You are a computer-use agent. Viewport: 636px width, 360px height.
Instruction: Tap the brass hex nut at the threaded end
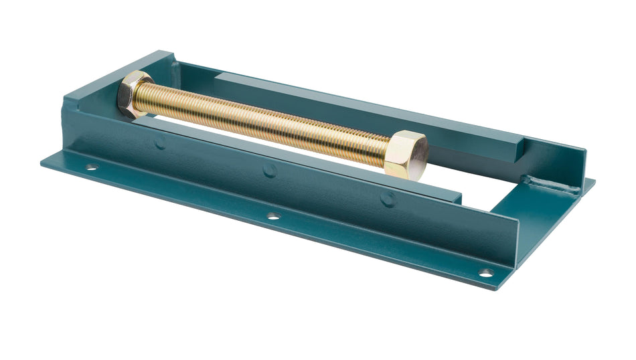(135, 93)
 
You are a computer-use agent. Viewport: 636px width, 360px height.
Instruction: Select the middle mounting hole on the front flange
(272, 216)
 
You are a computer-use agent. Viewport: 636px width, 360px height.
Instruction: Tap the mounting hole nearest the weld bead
(485, 272)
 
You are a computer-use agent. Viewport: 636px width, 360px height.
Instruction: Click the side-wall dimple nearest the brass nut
(159, 142)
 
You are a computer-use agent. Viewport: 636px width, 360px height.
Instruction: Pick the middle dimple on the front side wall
(270, 170)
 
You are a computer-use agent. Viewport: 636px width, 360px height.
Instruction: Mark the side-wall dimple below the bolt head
(388, 199)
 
